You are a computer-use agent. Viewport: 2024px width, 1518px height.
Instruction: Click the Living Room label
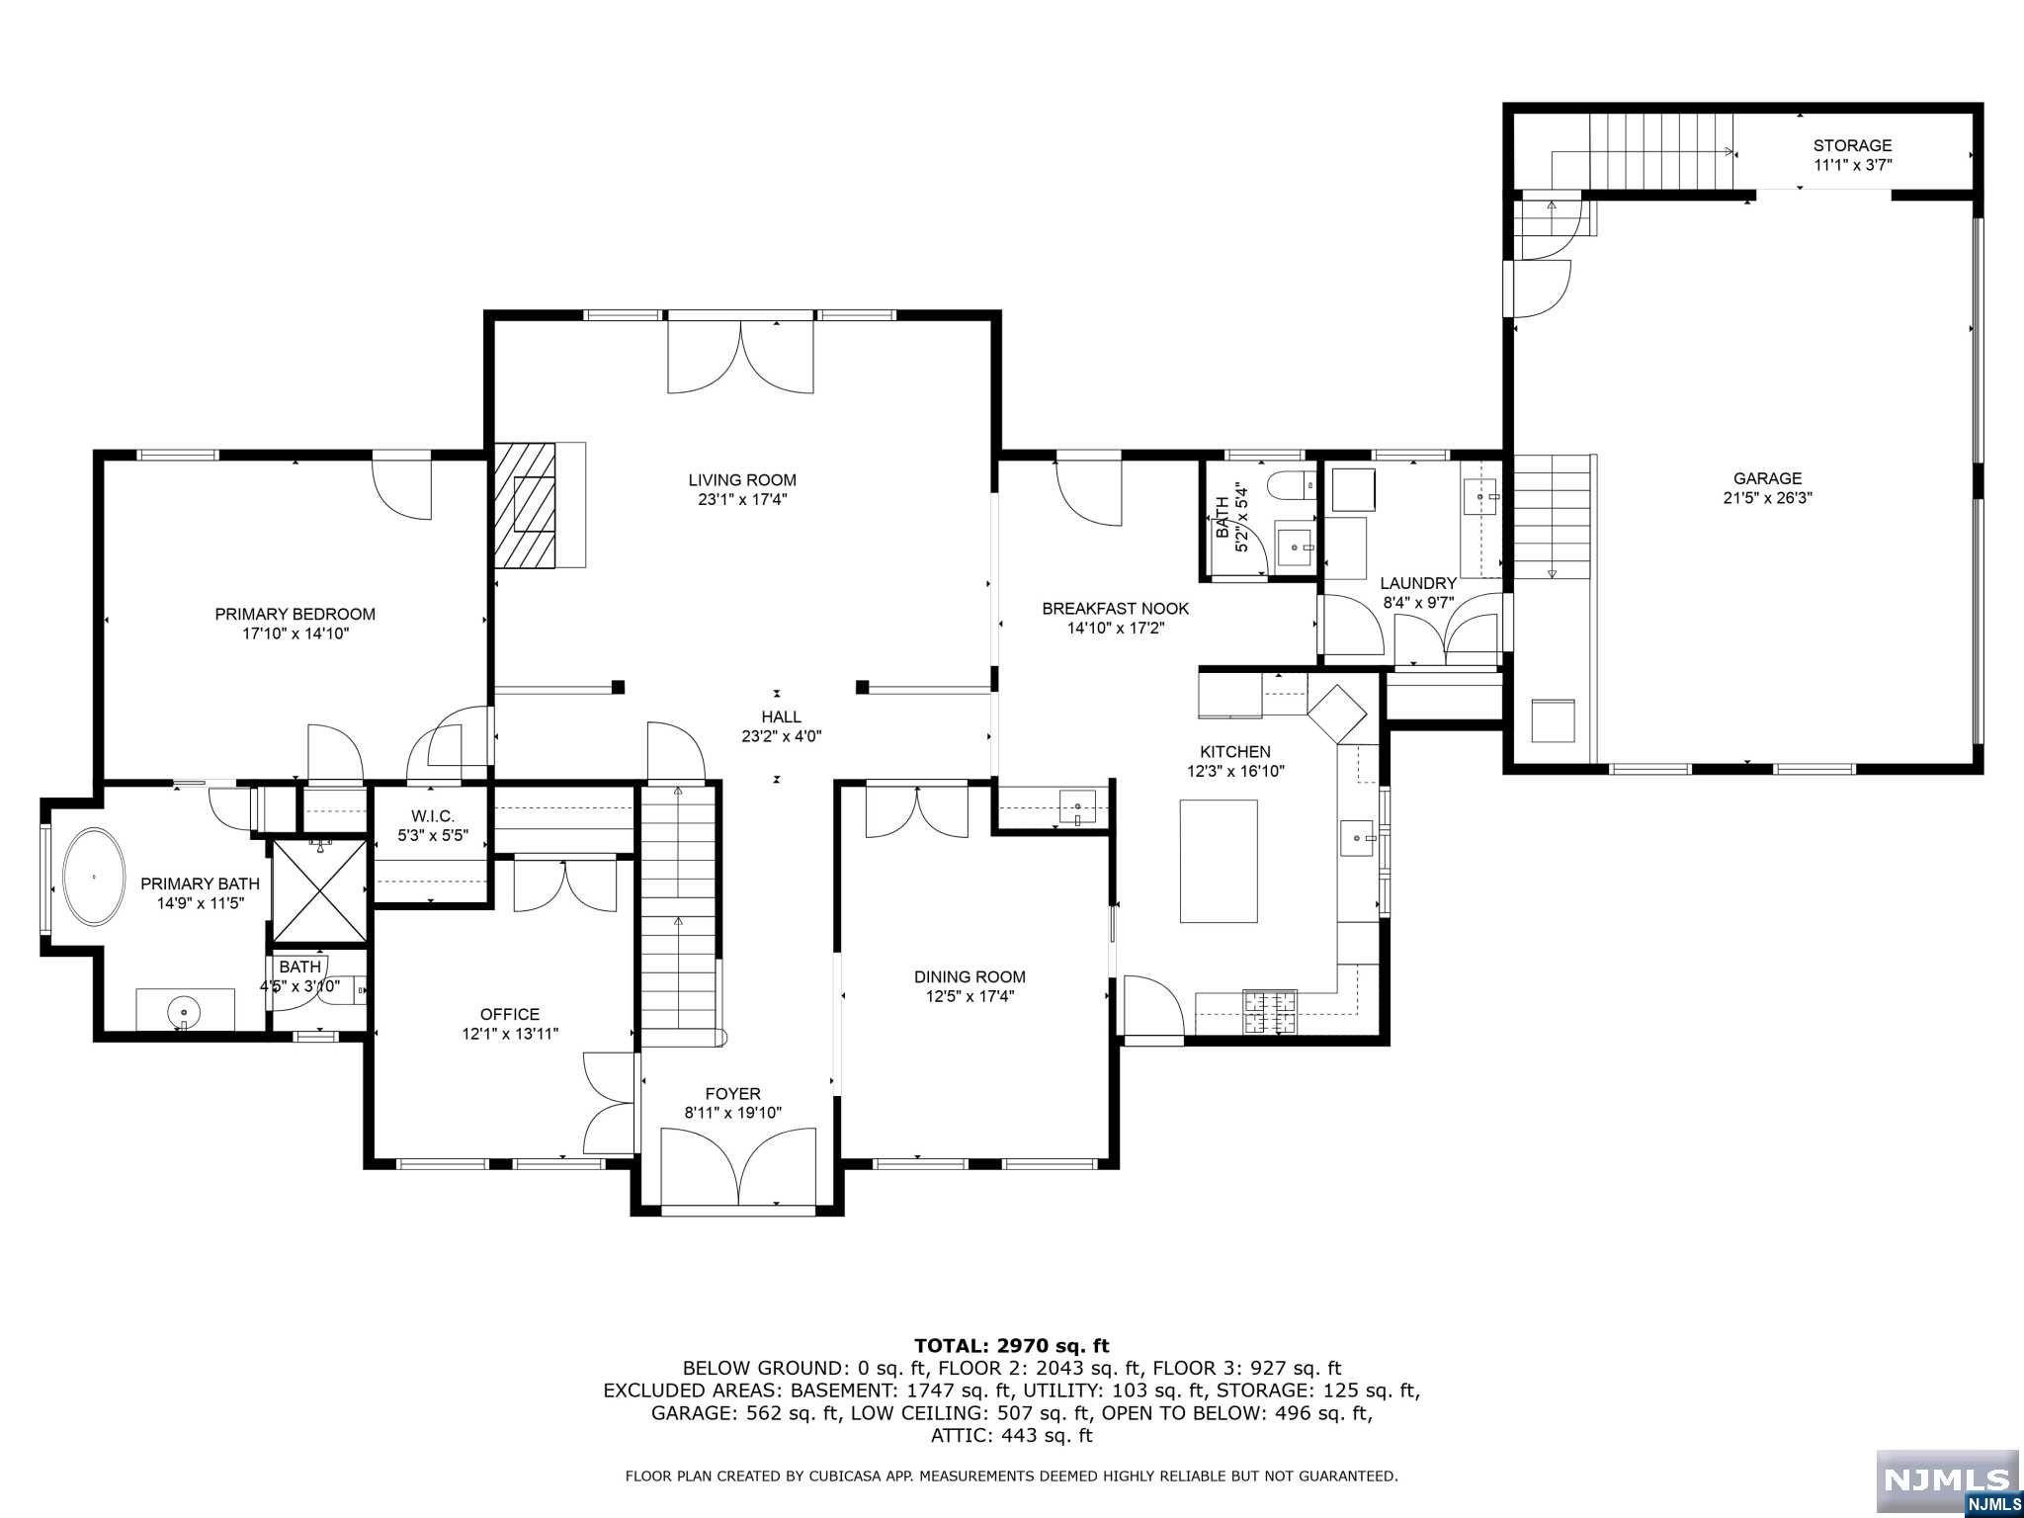pyautogui.click(x=742, y=480)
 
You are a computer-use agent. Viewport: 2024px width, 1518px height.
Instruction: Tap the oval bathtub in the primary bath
pyautogui.click(x=95, y=877)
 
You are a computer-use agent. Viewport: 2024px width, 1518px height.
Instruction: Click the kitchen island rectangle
pyautogui.click(x=1219, y=861)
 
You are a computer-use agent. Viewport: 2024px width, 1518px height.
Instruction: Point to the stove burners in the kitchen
pyautogui.click(x=1270, y=1012)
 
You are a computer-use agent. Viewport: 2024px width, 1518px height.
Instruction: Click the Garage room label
pyautogui.click(x=1767, y=479)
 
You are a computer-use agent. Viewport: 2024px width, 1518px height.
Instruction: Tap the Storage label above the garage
pyautogui.click(x=1852, y=146)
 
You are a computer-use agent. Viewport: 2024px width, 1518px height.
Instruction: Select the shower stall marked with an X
pyautogui.click(x=319, y=890)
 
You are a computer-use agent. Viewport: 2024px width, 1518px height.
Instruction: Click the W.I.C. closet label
pyautogui.click(x=433, y=815)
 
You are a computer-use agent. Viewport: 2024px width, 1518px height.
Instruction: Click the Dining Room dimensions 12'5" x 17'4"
pyautogui.click(x=970, y=996)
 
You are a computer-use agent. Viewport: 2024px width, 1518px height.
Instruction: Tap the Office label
pyautogui.click(x=510, y=1014)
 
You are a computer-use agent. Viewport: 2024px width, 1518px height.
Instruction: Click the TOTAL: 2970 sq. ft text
pyautogui.click(x=1012, y=1345)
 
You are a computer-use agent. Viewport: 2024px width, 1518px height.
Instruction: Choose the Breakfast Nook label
pyautogui.click(x=1116, y=609)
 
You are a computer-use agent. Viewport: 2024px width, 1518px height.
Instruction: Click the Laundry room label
pyautogui.click(x=1418, y=584)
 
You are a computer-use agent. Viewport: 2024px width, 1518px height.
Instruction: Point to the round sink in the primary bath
pyautogui.click(x=184, y=1011)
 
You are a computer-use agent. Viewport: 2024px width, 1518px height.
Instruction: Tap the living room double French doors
pyautogui.click(x=741, y=356)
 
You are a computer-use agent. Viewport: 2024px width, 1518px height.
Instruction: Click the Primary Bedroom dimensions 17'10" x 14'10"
pyautogui.click(x=295, y=633)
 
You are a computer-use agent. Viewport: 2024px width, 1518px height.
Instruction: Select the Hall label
pyautogui.click(x=781, y=717)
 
